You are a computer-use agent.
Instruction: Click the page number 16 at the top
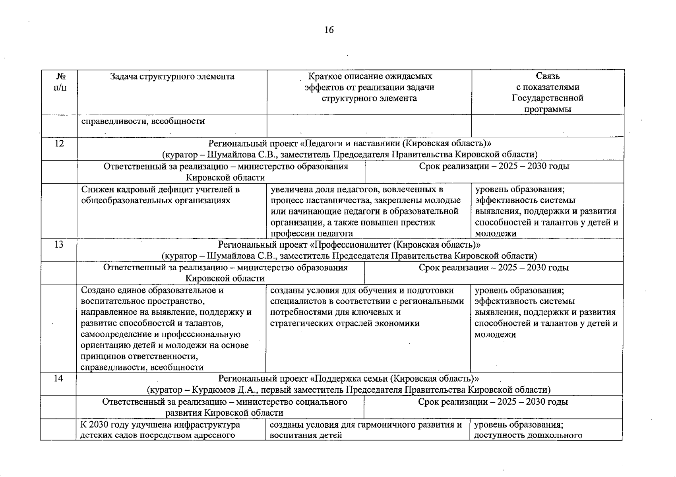329,30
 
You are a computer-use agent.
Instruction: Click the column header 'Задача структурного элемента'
172,76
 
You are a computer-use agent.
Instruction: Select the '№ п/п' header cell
60,81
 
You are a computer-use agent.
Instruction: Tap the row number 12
59,143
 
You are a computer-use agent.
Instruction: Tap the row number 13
59,244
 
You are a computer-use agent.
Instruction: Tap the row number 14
58,378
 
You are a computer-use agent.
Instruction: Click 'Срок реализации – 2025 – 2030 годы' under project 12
494,166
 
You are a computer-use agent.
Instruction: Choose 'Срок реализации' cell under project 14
493,402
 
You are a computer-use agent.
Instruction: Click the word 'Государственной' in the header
547,98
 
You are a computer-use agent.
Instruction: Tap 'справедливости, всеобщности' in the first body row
143,121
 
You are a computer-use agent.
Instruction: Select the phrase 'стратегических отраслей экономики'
345,323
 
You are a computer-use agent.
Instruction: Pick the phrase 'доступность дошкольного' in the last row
528,435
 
